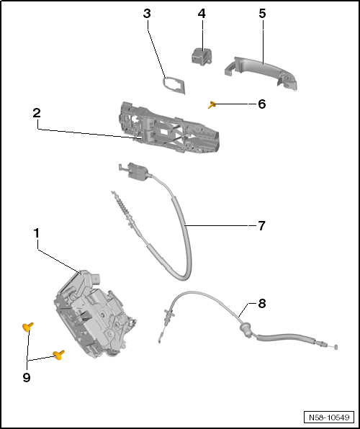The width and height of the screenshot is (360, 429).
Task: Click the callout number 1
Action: [35, 234]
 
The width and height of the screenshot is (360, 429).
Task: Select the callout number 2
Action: [35, 114]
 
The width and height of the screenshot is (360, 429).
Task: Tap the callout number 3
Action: [147, 14]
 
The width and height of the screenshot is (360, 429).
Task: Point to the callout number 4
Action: [202, 14]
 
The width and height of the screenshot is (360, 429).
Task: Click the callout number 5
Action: [262, 14]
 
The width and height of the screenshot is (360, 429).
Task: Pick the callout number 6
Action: [261, 104]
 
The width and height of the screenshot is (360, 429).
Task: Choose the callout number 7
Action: [261, 225]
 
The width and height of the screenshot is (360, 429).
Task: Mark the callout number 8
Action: [261, 304]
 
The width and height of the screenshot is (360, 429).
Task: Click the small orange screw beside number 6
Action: [212, 105]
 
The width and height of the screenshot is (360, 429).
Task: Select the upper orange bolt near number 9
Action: [28, 328]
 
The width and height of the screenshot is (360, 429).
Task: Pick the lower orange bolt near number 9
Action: [58, 354]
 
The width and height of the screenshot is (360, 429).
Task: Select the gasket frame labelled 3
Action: [174, 85]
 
